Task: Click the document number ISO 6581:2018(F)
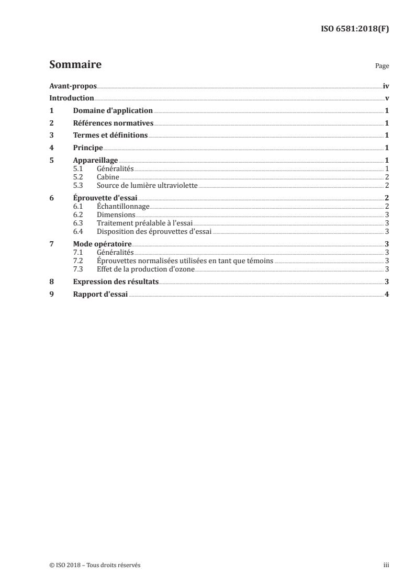pyautogui.click(x=354, y=29)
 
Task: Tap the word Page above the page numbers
pyautogui.click(x=382, y=66)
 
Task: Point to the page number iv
pyautogui.click(x=386, y=86)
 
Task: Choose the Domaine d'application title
pyautogui.click(x=113, y=111)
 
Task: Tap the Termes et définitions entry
pyautogui.click(x=110, y=136)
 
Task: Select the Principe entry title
pyautogui.click(x=88, y=148)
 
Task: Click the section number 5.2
pyautogui.click(x=78, y=177)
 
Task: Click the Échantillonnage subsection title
pyautogui.click(x=124, y=207)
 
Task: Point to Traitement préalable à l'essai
pyautogui.click(x=141, y=222)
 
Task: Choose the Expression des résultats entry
pyautogui.click(x=116, y=281)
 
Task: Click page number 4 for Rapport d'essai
pyautogui.click(x=386, y=294)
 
